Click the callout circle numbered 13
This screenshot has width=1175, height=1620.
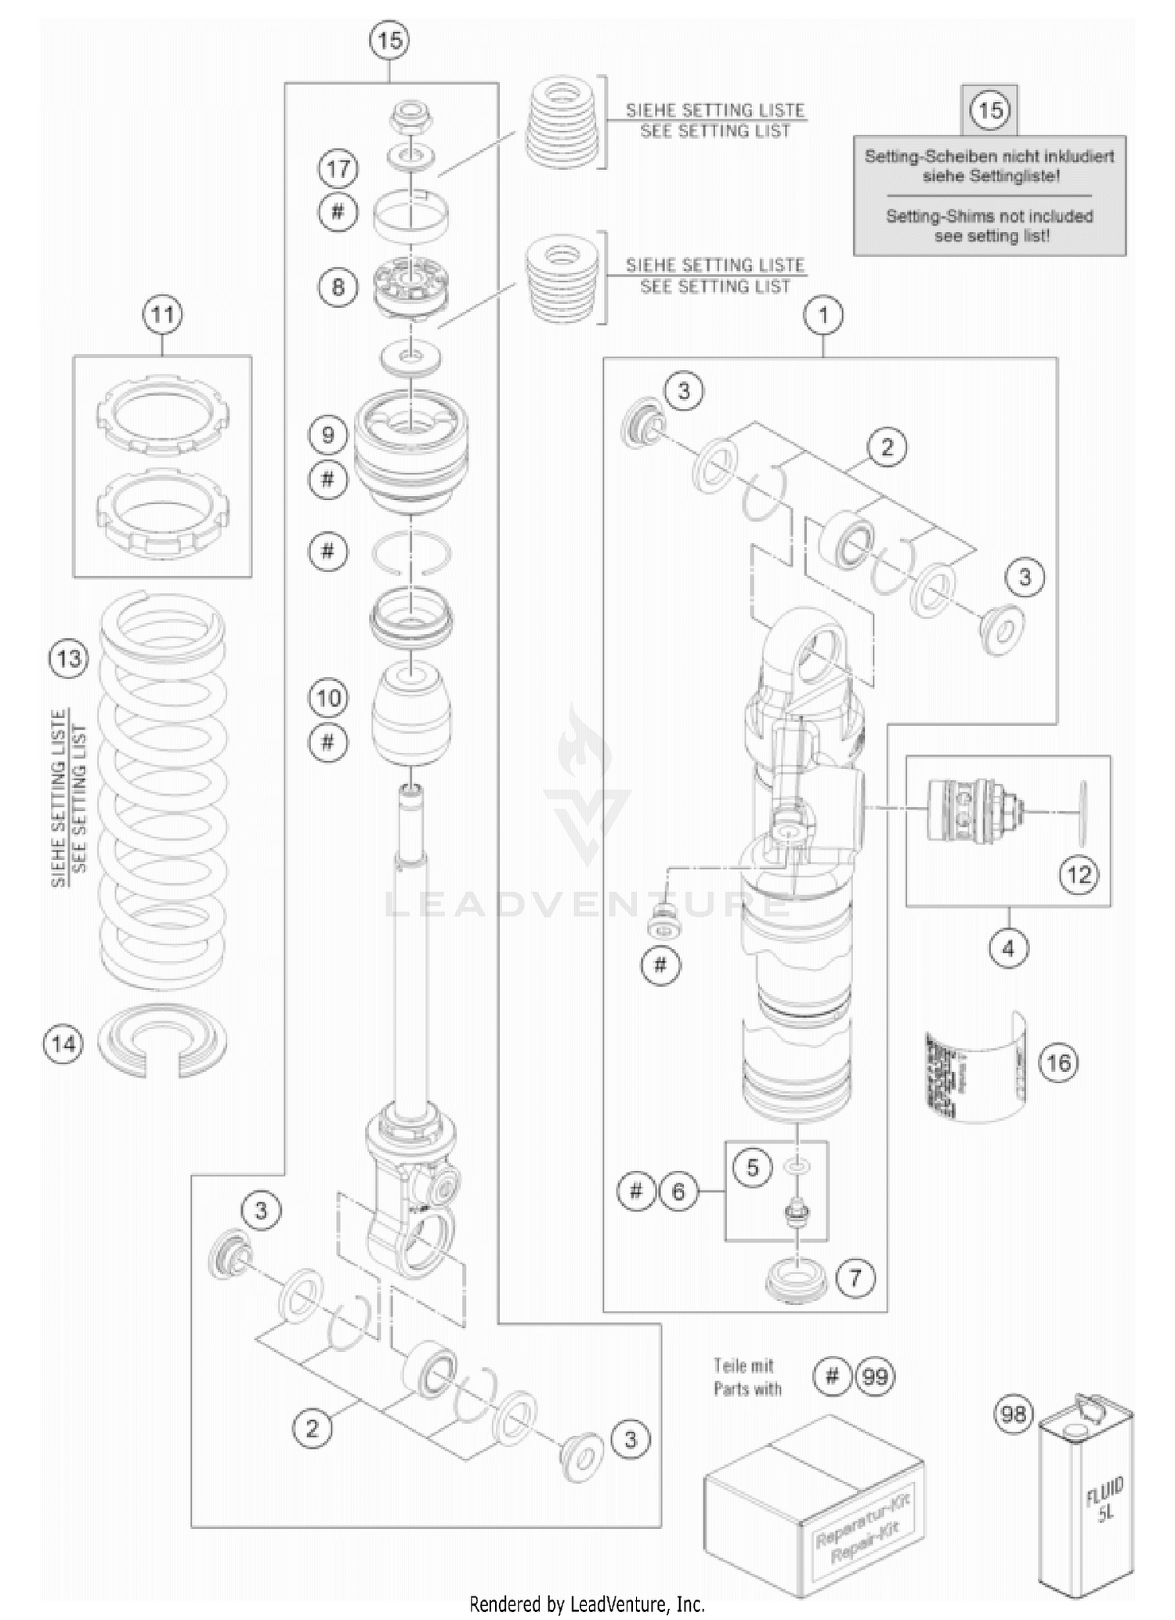coord(68,658)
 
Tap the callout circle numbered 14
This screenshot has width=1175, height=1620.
coord(63,1043)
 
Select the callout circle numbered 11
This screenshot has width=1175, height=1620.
coord(162,315)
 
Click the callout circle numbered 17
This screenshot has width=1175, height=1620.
coord(338,169)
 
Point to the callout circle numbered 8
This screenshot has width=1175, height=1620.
coord(338,287)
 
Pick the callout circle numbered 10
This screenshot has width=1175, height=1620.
coord(328,698)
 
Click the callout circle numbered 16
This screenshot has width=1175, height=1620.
coord(1058,1063)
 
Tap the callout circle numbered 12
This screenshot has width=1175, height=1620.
coord(1079,874)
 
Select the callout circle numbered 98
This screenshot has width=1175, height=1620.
coord(1013,1414)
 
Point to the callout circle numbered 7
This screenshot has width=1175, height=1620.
coord(855,1278)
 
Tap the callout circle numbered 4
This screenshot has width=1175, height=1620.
coord(1008,948)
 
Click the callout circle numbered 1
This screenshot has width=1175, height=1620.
coord(823,315)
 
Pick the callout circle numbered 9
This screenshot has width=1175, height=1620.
coord(328,435)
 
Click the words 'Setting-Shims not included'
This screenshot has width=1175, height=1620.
coord(989,216)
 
